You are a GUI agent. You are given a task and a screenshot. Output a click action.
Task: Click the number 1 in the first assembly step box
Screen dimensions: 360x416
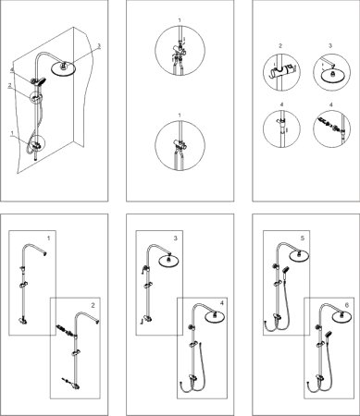(x=48, y=239)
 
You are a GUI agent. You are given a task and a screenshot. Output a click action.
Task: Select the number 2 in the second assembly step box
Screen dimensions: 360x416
(x=93, y=305)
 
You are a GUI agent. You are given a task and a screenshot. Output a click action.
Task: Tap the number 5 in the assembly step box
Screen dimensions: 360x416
(x=303, y=239)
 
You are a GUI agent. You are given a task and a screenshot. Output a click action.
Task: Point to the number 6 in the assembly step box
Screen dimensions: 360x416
(x=347, y=305)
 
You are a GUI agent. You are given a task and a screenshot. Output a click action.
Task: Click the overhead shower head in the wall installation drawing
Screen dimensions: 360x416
(x=62, y=68)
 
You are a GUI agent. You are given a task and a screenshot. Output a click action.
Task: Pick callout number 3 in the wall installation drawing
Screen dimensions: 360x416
(x=99, y=45)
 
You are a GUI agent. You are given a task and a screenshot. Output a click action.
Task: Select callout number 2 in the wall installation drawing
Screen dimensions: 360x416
(x=10, y=85)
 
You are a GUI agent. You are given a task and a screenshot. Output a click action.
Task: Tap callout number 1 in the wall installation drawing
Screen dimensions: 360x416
(x=12, y=133)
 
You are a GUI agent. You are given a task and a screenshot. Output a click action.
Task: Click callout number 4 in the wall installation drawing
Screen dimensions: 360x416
(x=12, y=70)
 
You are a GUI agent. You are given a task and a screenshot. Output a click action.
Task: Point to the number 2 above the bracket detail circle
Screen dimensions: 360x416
(x=280, y=46)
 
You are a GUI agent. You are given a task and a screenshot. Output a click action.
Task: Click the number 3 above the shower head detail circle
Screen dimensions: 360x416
(x=330, y=46)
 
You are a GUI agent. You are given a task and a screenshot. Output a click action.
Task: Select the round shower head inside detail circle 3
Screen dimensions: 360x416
(x=332, y=75)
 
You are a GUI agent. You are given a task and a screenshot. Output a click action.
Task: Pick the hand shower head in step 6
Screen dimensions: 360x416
(x=328, y=335)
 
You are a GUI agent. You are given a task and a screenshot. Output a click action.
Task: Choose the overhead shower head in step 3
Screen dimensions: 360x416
(x=168, y=261)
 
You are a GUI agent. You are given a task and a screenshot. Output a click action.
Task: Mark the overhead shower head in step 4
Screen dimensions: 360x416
(x=214, y=317)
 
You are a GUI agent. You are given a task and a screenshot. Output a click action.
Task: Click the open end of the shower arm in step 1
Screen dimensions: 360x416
(x=45, y=254)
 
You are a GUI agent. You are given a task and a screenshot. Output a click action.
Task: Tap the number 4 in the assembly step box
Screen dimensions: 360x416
(x=221, y=303)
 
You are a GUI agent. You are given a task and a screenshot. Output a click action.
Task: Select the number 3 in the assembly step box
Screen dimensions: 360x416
(x=175, y=239)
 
